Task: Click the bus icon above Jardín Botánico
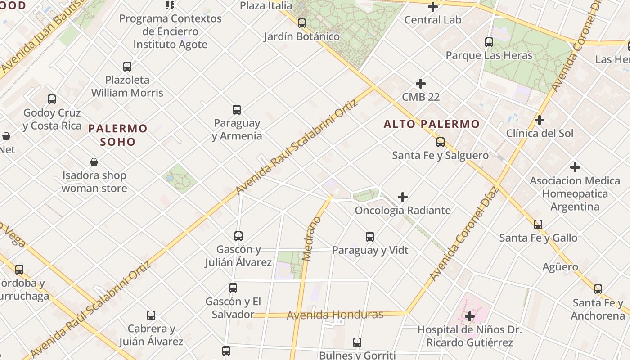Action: point(302,23)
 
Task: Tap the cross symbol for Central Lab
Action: point(433,7)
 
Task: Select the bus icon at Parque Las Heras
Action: point(489,42)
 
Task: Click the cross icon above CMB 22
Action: point(421,84)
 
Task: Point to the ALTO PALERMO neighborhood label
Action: point(432,124)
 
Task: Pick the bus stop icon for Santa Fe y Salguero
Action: point(441,142)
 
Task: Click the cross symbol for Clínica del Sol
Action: point(540,120)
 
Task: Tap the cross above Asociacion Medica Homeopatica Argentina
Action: point(575,167)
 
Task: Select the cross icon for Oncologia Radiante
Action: point(403,197)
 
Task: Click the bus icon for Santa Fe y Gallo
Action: point(538,225)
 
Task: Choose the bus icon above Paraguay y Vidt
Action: point(370,237)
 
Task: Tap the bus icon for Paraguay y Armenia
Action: point(237,110)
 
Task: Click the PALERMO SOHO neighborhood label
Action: point(118,135)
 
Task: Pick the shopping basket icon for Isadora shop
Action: point(94,162)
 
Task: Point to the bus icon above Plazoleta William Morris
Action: point(127,67)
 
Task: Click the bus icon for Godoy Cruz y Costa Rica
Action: point(52,99)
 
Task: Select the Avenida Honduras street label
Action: point(335,315)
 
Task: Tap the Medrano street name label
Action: point(311,238)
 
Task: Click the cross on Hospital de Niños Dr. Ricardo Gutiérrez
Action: point(470,316)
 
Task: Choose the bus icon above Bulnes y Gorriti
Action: point(357,342)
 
